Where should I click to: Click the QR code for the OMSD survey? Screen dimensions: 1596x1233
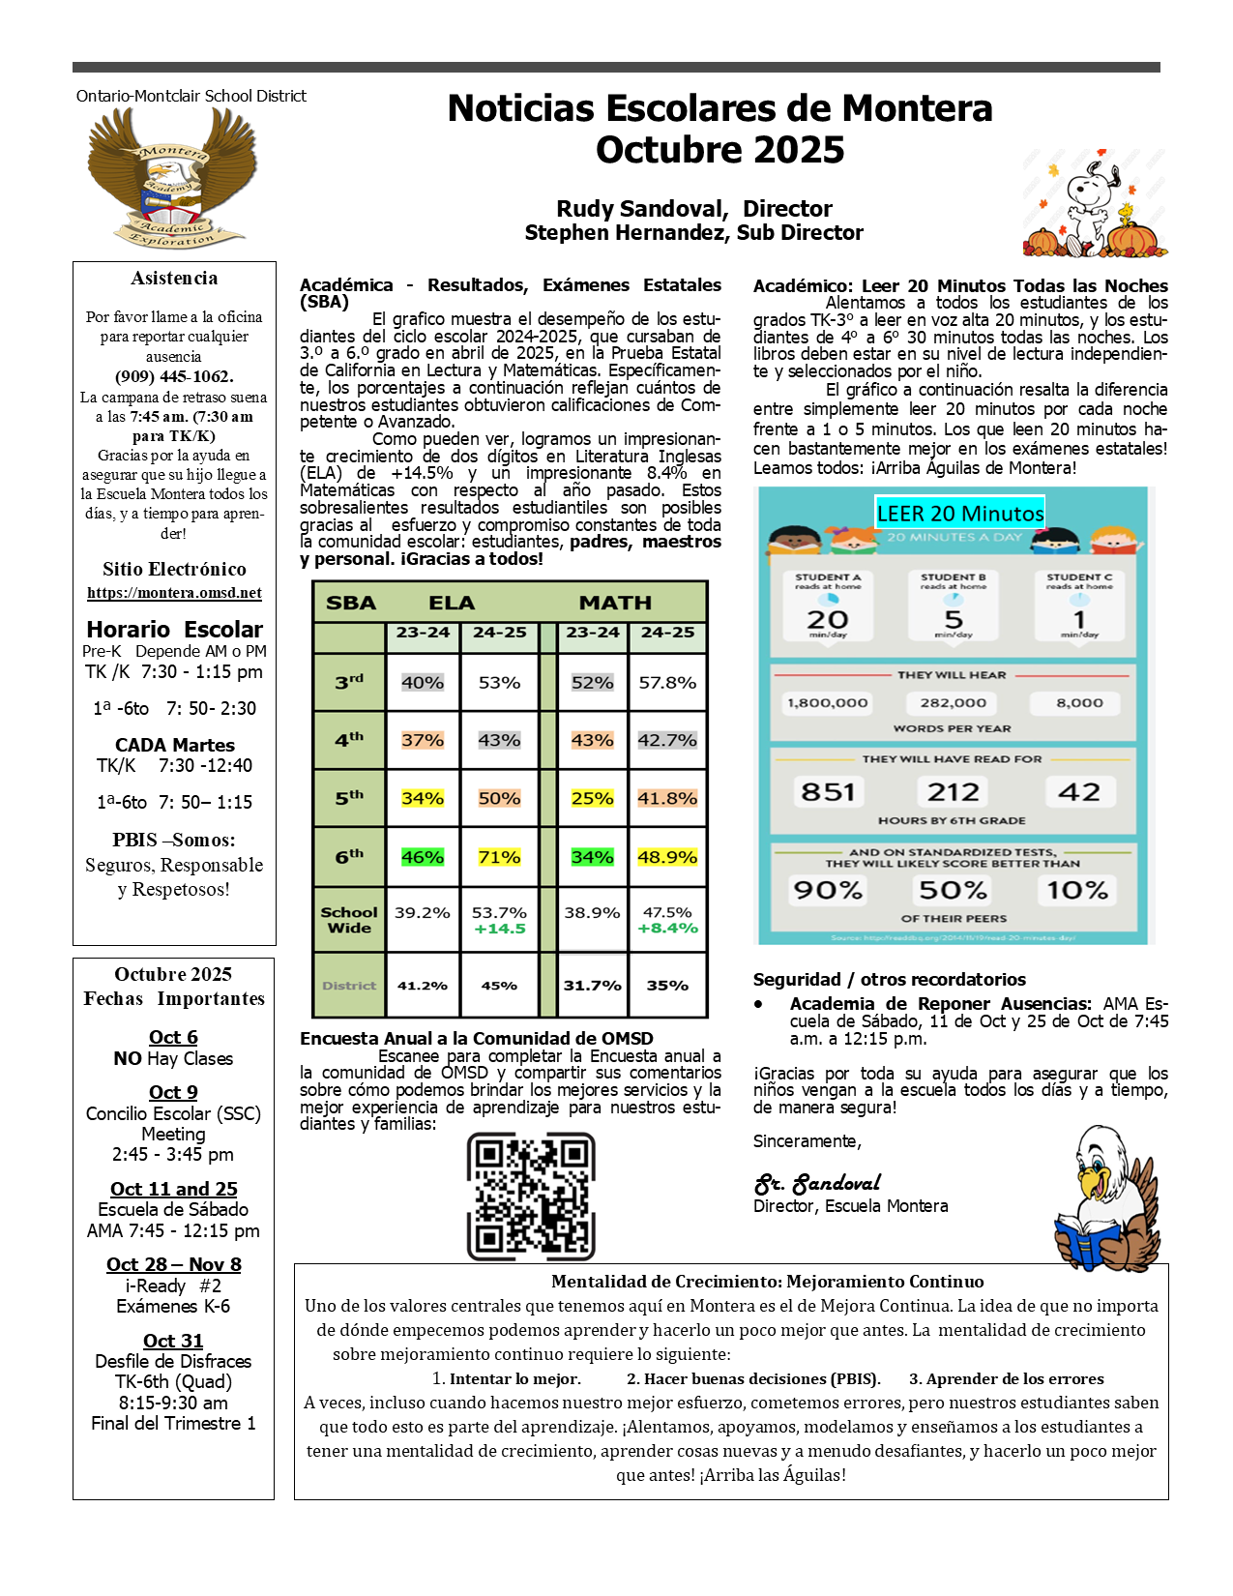click(531, 1197)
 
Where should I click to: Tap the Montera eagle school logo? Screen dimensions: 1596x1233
click(173, 177)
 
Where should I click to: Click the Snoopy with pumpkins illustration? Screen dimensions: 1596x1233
click(1095, 204)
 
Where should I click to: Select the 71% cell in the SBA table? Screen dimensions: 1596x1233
click(499, 857)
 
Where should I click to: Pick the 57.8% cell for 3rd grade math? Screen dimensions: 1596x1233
click(667, 682)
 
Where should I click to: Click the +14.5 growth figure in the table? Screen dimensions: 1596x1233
click(500, 929)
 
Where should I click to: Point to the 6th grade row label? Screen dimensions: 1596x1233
click(349, 857)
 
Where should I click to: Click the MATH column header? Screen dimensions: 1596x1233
click(615, 603)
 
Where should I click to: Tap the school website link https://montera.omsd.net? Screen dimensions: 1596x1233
click(174, 593)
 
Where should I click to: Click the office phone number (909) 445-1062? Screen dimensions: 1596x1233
click(174, 376)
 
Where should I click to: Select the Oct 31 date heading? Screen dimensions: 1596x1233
click(173, 1341)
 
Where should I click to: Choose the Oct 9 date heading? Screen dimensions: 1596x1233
click(173, 1092)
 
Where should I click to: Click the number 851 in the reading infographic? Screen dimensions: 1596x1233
click(828, 792)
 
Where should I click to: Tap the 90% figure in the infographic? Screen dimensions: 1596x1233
click(828, 890)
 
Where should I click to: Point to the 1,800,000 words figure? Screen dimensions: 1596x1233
click(828, 703)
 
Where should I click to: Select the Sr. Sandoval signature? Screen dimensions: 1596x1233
click(817, 1184)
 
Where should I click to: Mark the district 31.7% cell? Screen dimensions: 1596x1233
click(592, 986)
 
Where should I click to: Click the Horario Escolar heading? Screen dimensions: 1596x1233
click(174, 629)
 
